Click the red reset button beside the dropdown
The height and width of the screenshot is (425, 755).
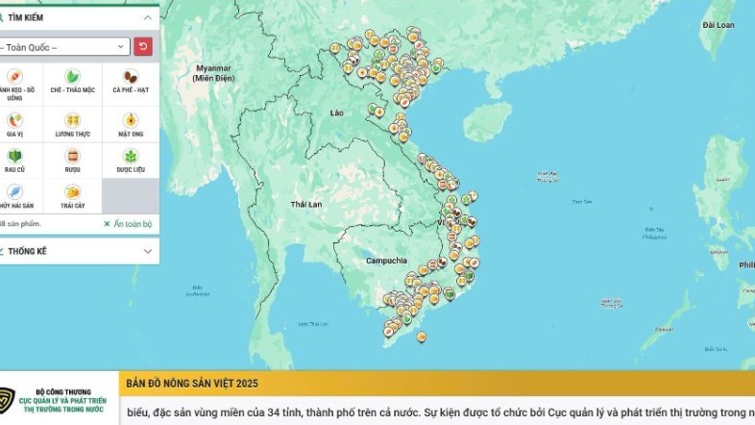tap(143, 46)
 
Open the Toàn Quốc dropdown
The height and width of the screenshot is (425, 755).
tap(63, 46)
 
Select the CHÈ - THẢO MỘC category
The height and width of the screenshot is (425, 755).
tap(73, 81)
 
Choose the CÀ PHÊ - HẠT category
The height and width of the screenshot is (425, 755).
tap(130, 81)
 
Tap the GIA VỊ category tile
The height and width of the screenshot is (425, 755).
tap(14, 124)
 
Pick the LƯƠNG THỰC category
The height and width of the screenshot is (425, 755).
tap(73, 124)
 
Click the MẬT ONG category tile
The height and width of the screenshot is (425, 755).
tap(130, 124)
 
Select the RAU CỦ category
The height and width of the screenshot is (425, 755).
tap(14, 160)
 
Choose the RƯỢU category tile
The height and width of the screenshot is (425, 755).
tap(73, 160)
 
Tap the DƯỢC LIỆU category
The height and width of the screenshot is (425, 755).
tap(130, 160)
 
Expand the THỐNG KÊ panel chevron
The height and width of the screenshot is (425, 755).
tap(147, 251)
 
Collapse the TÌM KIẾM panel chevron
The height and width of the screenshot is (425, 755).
tap(147, 17)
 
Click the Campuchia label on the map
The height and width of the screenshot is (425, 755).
tap(386, 261)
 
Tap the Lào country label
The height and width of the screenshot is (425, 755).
tap(336, 113)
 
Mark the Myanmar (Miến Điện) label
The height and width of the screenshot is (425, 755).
tap(213, 72)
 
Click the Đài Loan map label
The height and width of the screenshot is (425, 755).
tap(718, 24)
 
